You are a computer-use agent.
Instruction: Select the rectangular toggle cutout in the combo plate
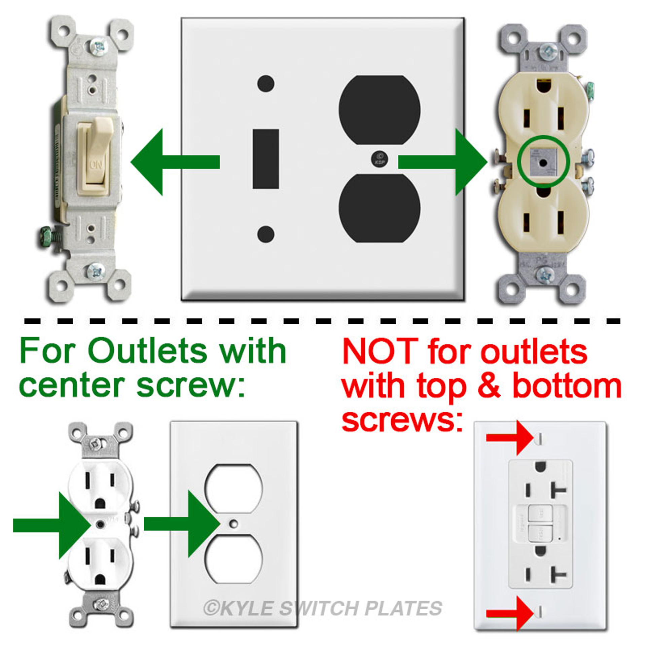coord(265,159)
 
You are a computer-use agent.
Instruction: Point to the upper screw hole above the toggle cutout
coord(265,84)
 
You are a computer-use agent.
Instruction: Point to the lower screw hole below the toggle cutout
coord(265,234)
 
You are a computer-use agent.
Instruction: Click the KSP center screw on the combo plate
coord(380,158)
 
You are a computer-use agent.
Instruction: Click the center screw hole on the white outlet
coord(100,524)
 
